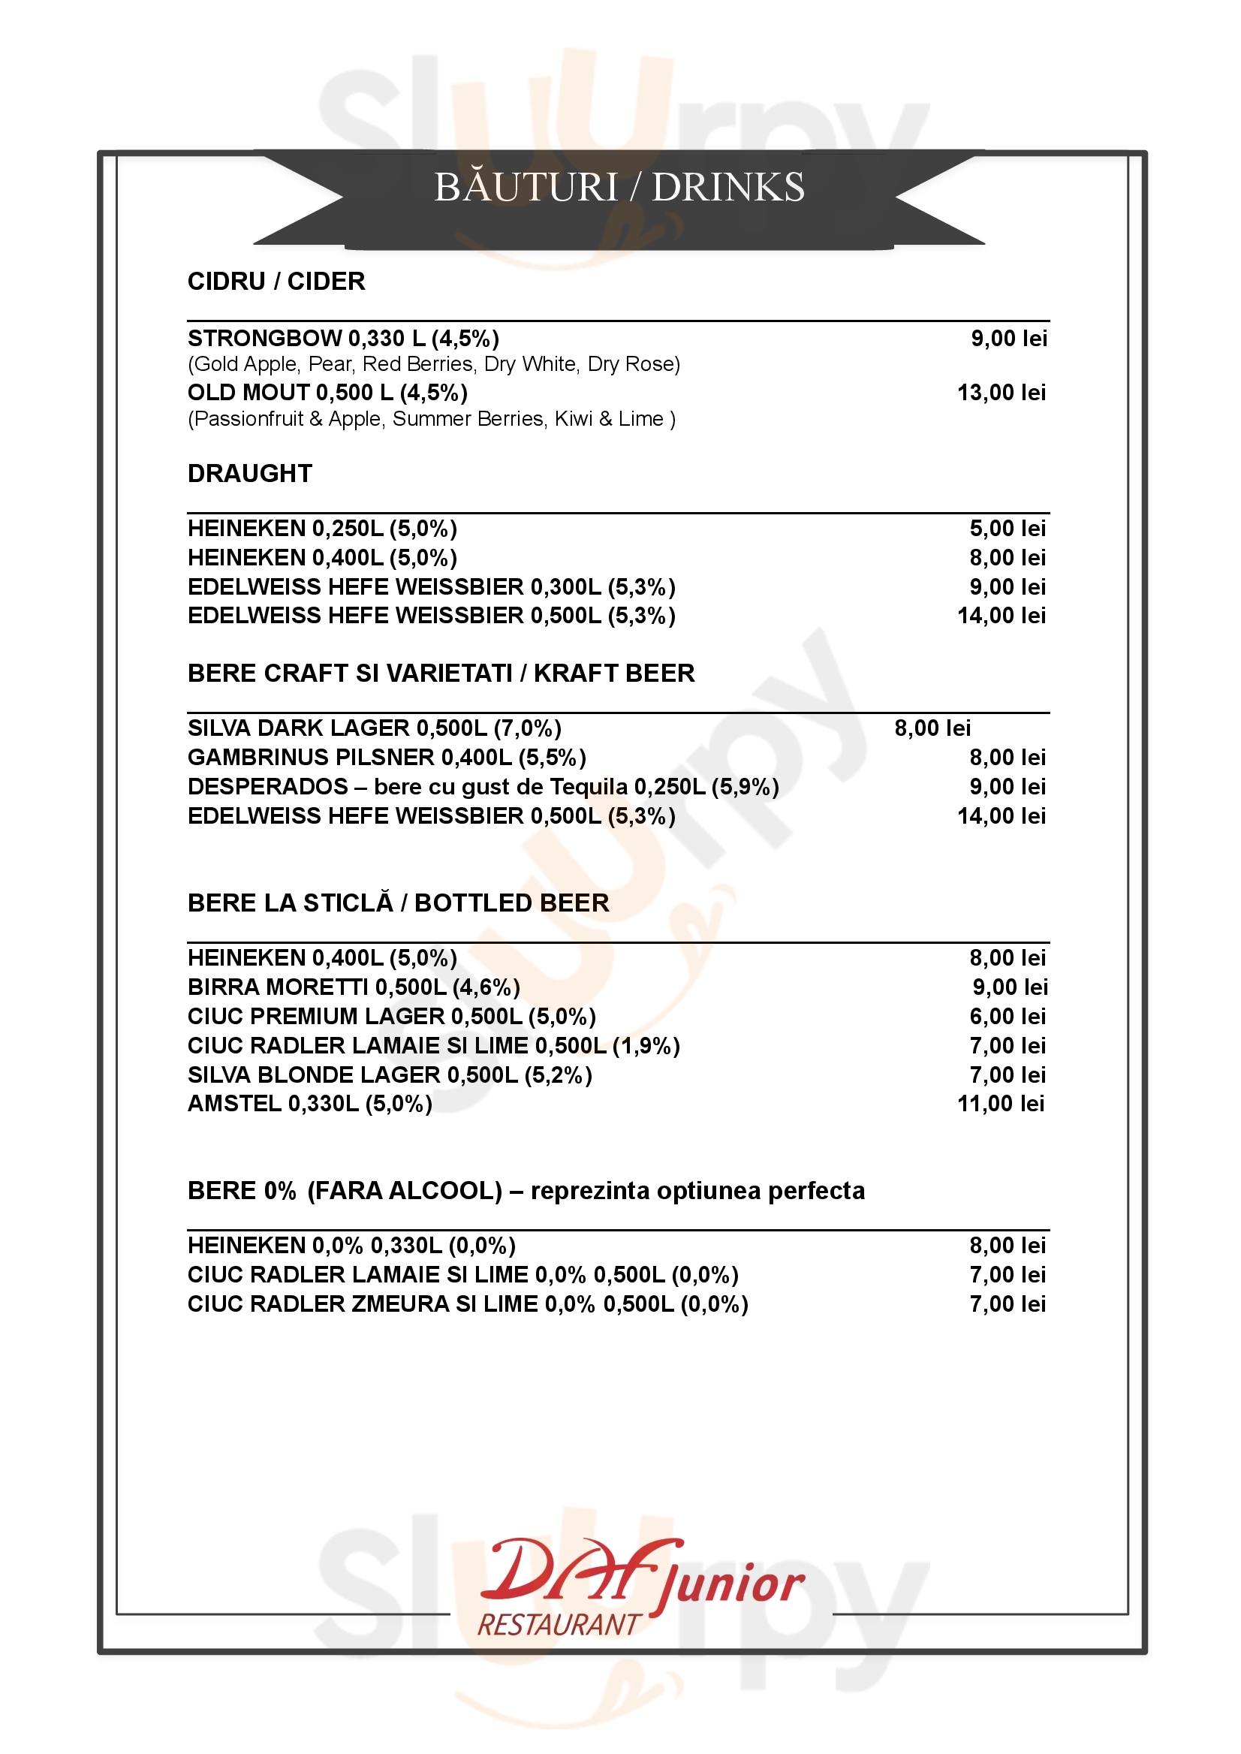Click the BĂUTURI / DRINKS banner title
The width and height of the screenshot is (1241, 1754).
click(x=619, y=187)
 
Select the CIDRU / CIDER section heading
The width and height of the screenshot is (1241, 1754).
click(x=276, y=282)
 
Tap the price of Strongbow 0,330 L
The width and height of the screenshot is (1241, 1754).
click(x=1008, y=339)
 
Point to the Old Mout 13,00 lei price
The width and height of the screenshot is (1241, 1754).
click(x=1001, y=393)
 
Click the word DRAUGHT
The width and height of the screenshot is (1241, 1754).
click(x=250, y=474)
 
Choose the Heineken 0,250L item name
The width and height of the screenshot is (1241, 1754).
click(x=322, y=529)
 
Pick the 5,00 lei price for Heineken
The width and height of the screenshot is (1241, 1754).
click(x=1008, y=529)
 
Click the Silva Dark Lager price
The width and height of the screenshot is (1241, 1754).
click(x=932, y=728)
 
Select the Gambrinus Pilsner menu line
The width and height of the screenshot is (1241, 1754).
click(x=387, y=758)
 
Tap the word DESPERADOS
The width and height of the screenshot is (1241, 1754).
click(x=267, y=787)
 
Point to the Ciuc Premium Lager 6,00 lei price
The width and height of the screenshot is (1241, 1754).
click(x=1008, y=1017)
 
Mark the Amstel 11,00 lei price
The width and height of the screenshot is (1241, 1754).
click(x=1000, y=1104)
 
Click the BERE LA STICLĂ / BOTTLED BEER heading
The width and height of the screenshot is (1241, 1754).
click(x=398, y=903)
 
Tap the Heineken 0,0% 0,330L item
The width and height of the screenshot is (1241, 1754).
click(x=351, y=1246)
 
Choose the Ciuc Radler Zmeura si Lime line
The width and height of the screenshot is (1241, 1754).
click(x=468, y=1303)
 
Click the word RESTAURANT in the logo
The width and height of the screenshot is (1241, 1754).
click(x=559, y=1624)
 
